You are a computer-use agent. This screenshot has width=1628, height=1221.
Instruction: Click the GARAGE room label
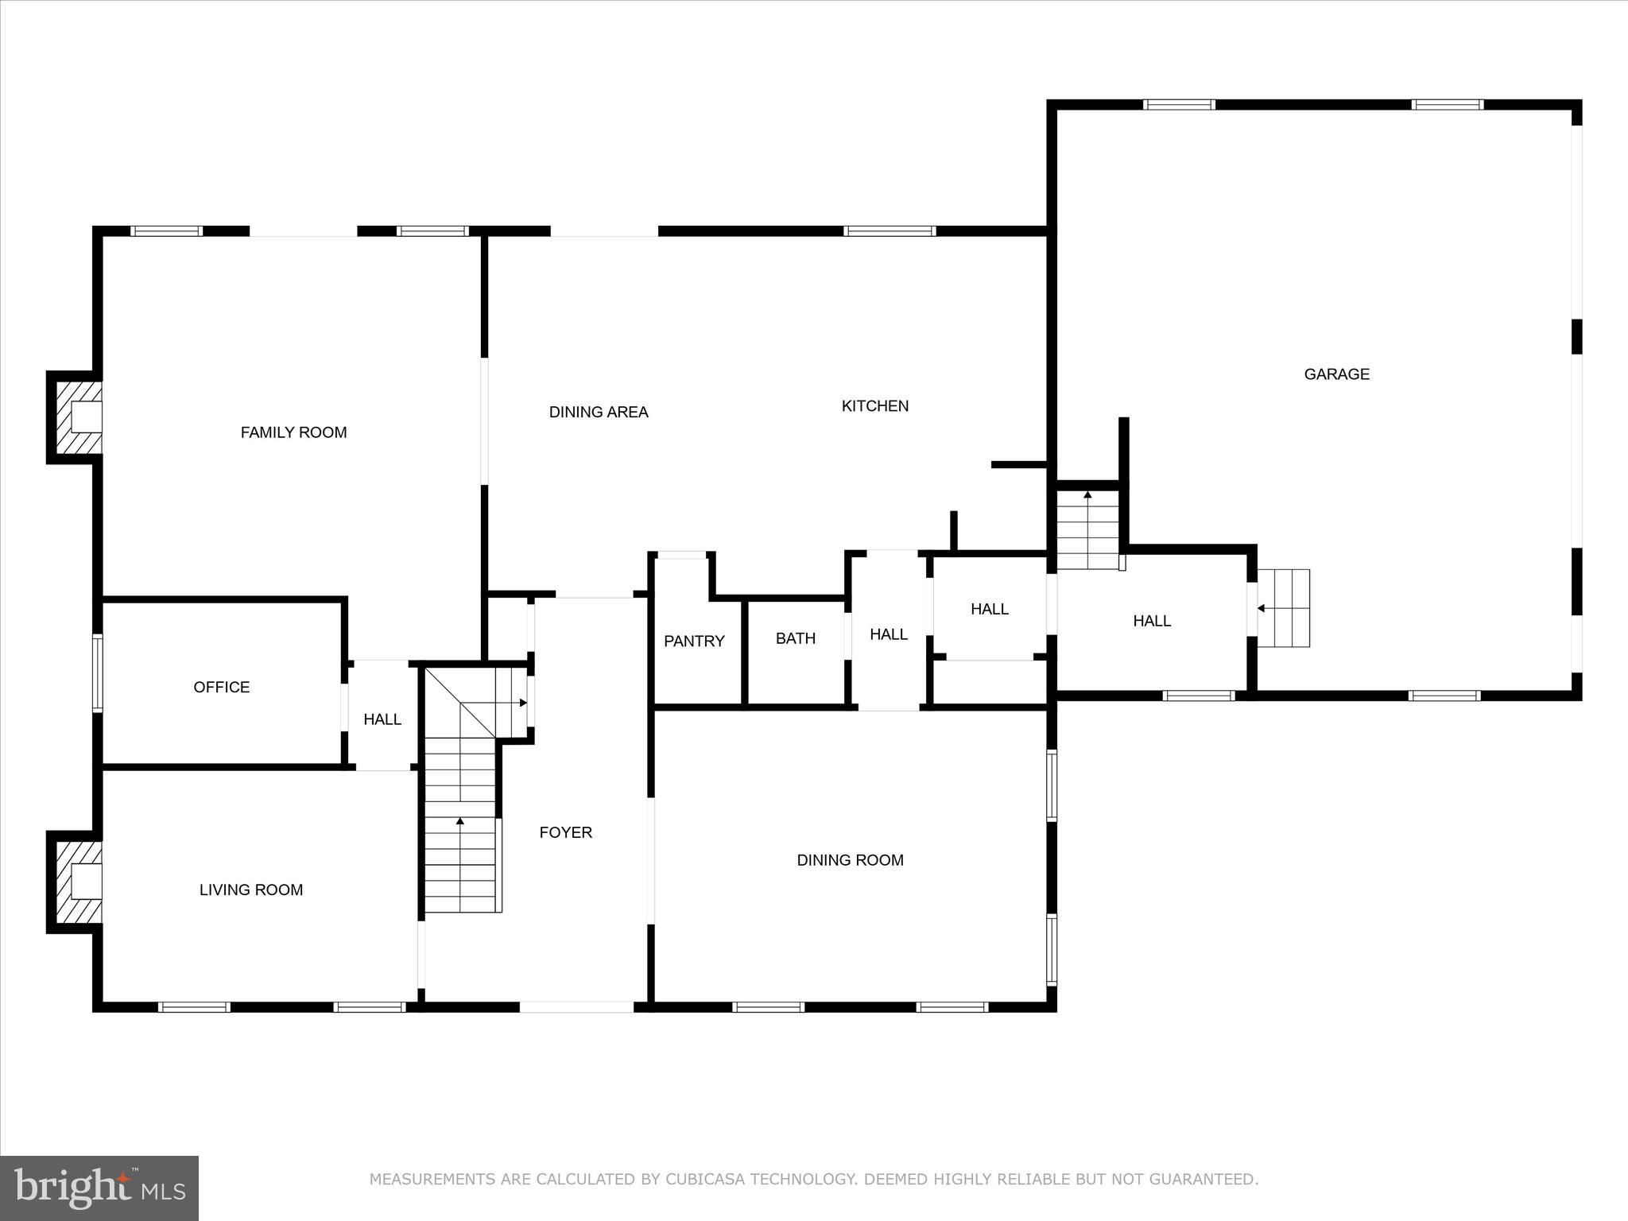tap(1336, 374)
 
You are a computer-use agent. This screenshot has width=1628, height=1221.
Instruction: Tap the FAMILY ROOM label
tap(293, 432)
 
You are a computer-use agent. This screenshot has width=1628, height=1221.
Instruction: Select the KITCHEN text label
tap(874, 406)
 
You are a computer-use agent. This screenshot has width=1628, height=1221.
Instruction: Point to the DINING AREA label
tap(599, 412)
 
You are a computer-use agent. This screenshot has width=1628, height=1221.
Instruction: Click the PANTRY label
tap(694, 641)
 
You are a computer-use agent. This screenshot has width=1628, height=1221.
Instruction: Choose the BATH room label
tap(795, 638)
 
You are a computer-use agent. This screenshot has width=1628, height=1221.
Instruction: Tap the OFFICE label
tap(221, 687)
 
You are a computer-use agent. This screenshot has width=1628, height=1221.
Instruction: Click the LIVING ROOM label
tap(250, 890)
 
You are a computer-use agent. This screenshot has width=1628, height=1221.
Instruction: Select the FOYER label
tap(565, 832)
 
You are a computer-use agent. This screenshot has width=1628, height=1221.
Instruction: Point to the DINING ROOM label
tap(850, 860)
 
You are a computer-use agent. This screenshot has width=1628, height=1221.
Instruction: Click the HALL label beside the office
tap(382, 719)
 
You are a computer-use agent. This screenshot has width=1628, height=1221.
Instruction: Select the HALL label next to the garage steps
tap(1151, 621)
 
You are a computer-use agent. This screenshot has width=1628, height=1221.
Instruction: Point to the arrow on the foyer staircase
tap(460, 821)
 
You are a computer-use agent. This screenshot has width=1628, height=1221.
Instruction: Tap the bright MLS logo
tap(99, 1188)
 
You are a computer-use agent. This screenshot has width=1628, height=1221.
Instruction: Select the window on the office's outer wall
tap(97, 672)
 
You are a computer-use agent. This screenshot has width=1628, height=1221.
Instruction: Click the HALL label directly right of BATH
tap(888, 634)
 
